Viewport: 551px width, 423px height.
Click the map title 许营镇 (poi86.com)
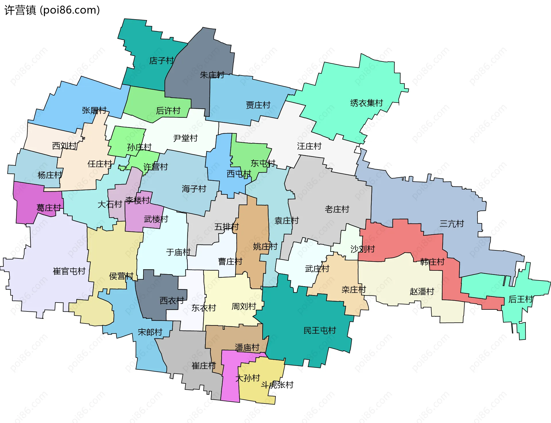pos(52,10)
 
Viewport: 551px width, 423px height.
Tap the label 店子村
pos(162,61)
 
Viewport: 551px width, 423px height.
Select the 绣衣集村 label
pos(366,103)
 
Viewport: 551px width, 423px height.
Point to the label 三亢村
pos(452,224)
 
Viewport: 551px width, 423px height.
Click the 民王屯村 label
pos(320,330)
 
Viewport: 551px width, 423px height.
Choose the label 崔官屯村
pos(69,271)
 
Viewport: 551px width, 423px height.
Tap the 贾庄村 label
pos(258,105)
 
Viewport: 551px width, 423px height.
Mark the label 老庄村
pos(337,209)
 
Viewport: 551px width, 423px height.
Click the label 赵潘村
pos(422,291)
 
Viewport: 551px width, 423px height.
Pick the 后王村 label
pos(521,299)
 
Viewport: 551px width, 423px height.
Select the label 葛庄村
pos(49,208)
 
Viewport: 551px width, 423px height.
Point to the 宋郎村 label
pos(150,332)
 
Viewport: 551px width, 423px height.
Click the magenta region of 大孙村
pos(230,387)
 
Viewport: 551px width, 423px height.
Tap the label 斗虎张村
pos(277,385)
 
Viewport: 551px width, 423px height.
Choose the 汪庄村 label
pos(309,146)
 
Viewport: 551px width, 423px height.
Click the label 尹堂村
pos(185,138)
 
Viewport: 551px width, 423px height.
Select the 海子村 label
pos(194,189)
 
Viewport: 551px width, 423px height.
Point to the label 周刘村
pos(244,306)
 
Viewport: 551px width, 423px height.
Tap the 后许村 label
pos(168,110)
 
